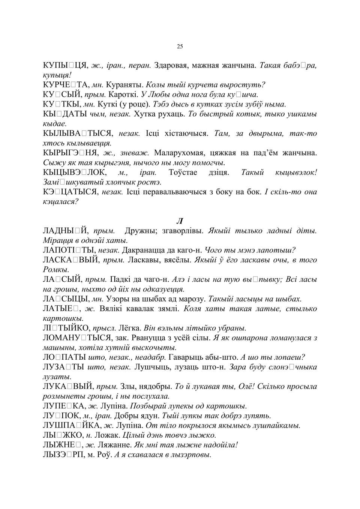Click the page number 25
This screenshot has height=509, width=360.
pyautogui.click(x=180, y=47)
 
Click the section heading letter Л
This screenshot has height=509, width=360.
pyautogui.click(x=180, y=221)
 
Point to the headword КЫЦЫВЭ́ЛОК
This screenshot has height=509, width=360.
pyautogui.click(x=74, y=173)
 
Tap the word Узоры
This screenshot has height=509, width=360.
pyautogui.click(x=117, y=299)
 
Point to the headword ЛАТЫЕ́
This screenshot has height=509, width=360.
pyautogui.click(x=60, y=309)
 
